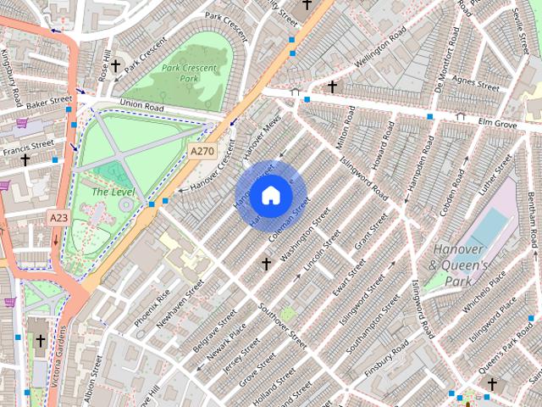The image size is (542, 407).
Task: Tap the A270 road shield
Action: [202, 151]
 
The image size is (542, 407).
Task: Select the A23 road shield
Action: [58, 218]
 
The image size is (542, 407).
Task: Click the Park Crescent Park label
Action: [190, 74]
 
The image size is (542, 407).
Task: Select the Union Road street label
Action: [141, 104]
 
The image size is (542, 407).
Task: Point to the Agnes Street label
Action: [476, 82]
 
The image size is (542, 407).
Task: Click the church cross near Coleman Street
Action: [266, 265]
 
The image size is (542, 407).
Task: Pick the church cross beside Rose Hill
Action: [115, 65]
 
